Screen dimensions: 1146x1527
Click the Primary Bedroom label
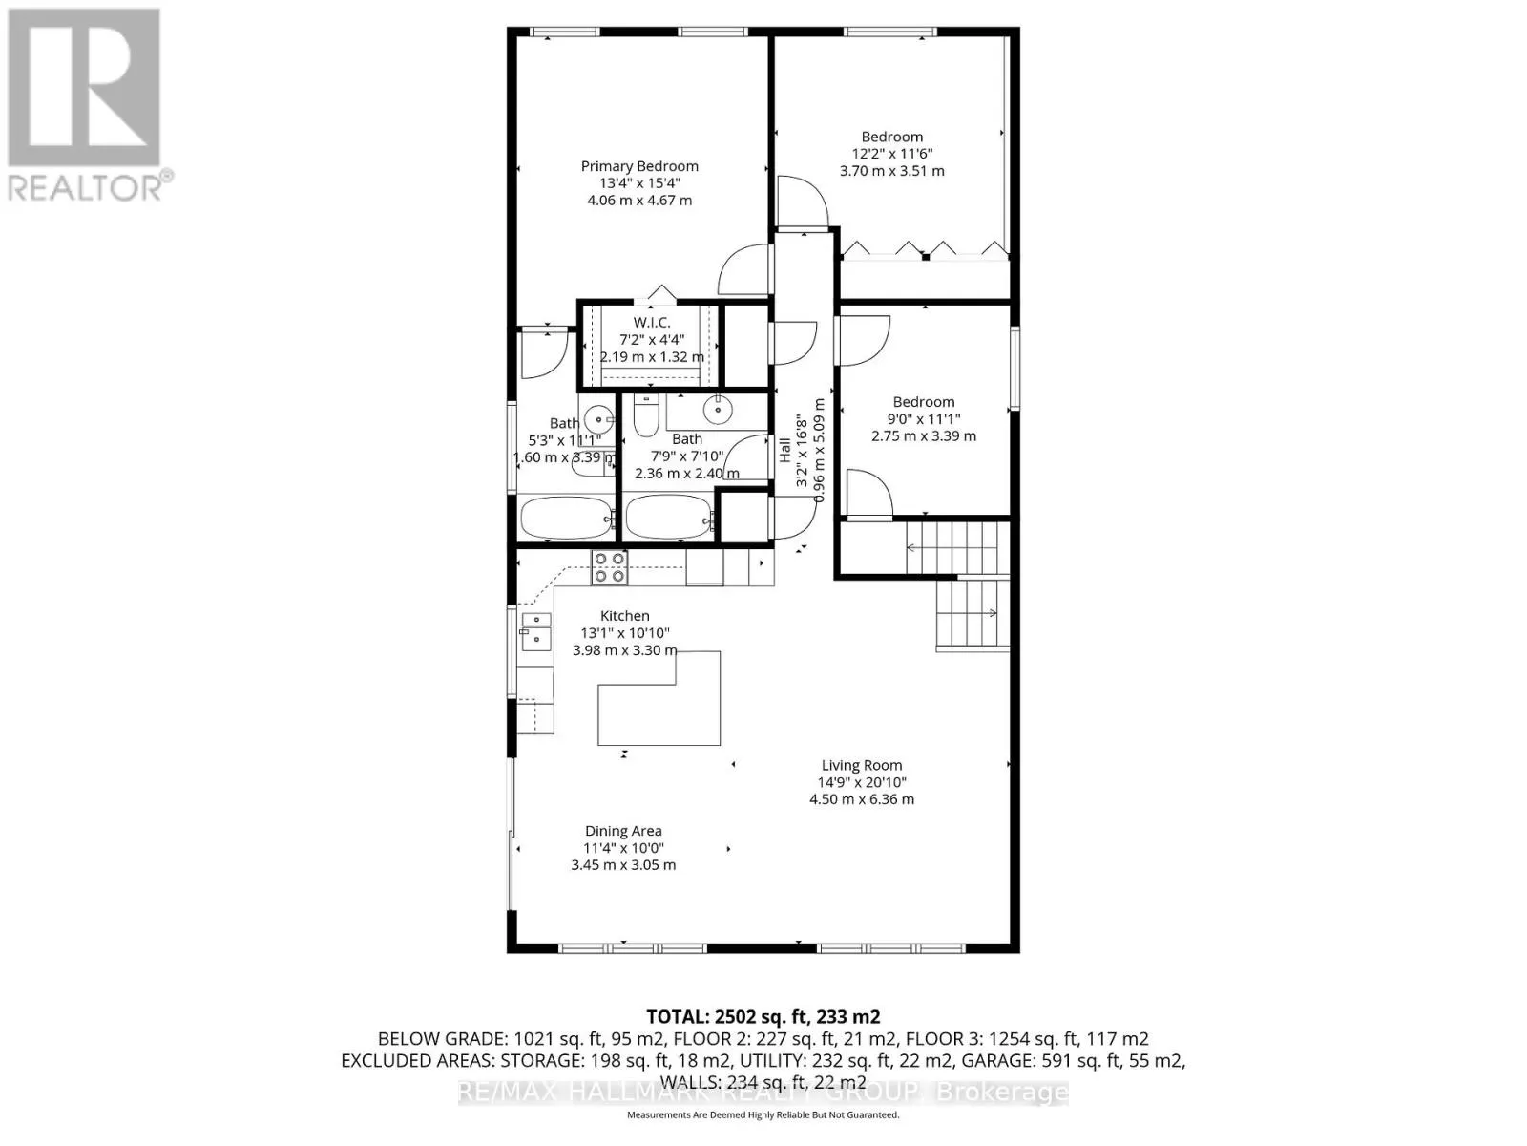[x=639, y=166]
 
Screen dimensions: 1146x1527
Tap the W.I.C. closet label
[x=651, y=323]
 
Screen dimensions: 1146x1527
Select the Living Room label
[x=861, y=765]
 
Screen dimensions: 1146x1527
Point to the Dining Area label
[x=622, y=831]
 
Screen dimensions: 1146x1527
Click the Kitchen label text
[x=624, y=616]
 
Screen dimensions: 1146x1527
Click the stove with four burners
[x=609, y=566]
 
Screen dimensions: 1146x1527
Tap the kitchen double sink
[x=534, y=629]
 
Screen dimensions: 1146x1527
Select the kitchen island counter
[x=659, y=707]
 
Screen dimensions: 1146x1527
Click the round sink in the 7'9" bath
[x=716, y=410]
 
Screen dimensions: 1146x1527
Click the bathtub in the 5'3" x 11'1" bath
[x=567, y=520]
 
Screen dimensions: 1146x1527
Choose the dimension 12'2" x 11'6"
[x=891, y=154]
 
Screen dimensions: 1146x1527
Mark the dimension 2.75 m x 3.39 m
[x=923, y=435]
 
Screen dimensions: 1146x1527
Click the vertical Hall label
[x=784, y=451]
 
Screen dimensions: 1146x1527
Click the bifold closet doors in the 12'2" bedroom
[x=924, y=249]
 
